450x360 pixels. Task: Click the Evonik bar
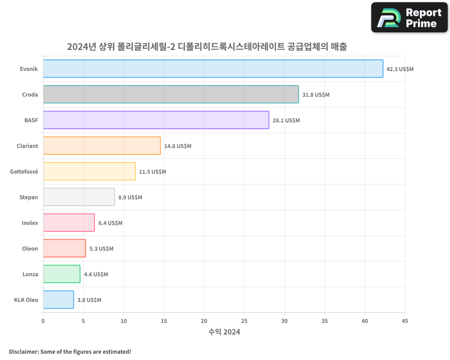coord(213,69)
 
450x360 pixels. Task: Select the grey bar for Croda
coord(171,94)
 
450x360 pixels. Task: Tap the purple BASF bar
coord(156,120)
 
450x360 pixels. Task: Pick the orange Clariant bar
coord(102,146)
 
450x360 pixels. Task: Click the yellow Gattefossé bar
coord(89,171)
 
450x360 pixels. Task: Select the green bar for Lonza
coord(62,274)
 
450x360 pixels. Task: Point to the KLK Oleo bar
coord(58,300)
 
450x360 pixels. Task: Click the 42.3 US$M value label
coord(400,69)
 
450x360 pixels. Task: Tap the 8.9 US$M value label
coord(130,198)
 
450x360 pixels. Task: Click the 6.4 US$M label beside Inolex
coord(110,223)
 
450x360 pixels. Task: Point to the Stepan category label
coord(29,197)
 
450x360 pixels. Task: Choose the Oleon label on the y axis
coord(30,248)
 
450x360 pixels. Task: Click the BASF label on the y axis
coord(31,120)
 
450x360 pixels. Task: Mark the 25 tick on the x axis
coord(244,321)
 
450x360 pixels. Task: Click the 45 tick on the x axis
coord(405,321)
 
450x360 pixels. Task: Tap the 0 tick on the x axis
coord(43,321)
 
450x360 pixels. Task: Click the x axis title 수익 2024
coord(224,332)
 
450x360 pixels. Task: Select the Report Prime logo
coord(409,18)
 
